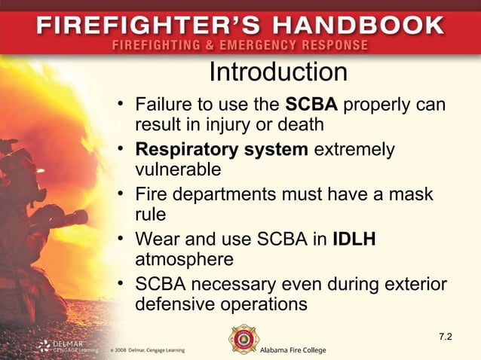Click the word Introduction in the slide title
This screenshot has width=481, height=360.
pos(277,72)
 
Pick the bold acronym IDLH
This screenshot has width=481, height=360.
pos(354,240)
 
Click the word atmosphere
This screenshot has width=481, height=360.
pos(184,259)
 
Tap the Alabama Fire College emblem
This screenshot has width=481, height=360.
pos(244,339)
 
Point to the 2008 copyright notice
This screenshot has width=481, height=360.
pos(147,350)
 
